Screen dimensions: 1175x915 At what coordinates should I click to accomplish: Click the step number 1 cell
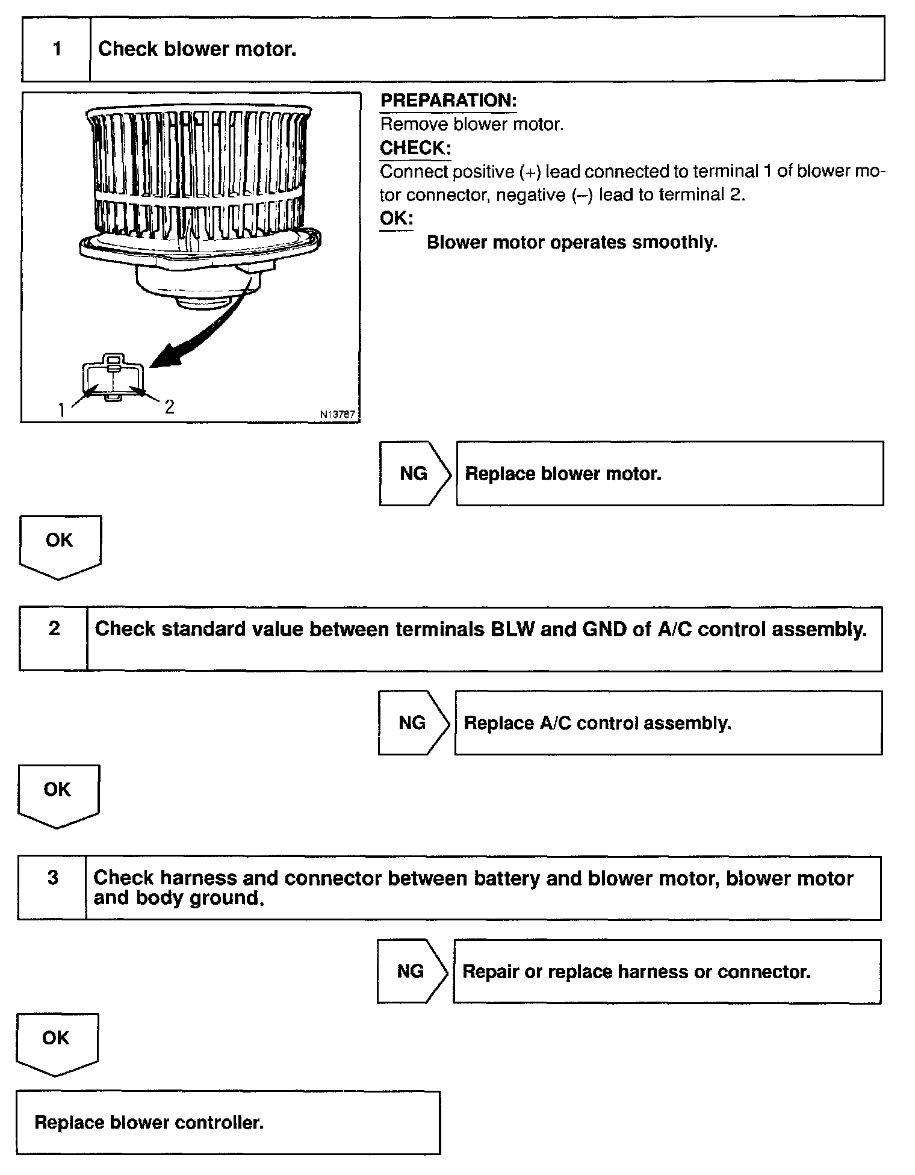click(x=57, y=49)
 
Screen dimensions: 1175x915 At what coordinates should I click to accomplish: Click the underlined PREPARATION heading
click(x=448, y=101)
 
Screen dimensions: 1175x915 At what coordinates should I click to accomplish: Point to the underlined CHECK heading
click(x=415, y=148)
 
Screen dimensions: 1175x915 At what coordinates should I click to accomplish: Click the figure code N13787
click(x=338, y=414)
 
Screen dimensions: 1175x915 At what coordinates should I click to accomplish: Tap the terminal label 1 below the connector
click(x=61, y=411)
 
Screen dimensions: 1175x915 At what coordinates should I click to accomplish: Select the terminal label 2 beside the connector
click(x=170, y=407)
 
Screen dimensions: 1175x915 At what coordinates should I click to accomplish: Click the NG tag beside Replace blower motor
click(x=414, y=474)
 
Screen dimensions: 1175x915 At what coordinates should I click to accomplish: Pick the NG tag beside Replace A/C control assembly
click(x=413, y=723)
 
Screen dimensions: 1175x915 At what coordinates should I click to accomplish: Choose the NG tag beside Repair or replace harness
click(x=411, y=972)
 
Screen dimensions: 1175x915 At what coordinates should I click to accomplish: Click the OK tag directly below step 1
click(x=60, y=542)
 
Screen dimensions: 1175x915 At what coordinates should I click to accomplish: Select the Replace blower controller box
click(x=228, y=1123)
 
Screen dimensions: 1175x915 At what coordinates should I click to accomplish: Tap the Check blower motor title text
click(x=197, y=49)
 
